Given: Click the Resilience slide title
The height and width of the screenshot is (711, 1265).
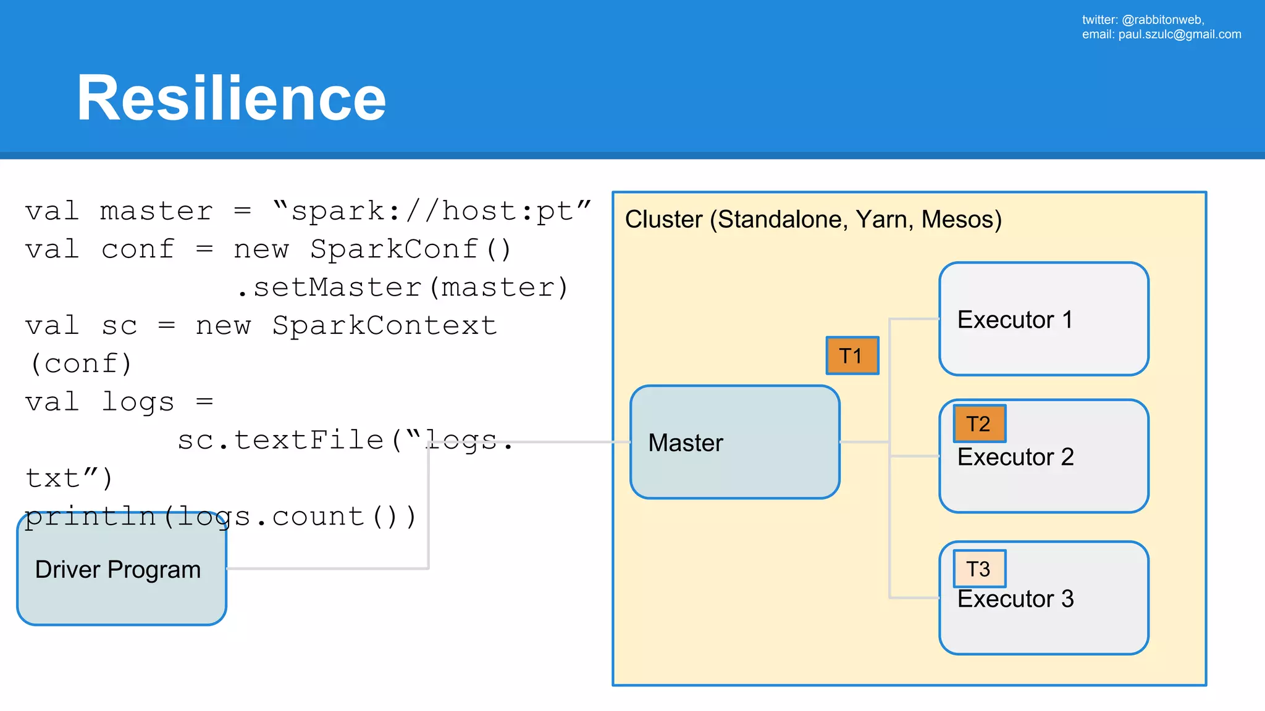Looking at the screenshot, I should coord(231,98).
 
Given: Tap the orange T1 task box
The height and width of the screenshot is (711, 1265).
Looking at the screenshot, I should coord(852,356).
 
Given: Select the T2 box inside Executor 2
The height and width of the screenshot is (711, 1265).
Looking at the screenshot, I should coord(979,424).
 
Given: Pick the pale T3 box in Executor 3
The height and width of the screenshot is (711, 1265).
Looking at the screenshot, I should coord(979,568).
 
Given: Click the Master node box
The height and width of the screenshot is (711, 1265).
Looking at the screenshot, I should coord(734,442).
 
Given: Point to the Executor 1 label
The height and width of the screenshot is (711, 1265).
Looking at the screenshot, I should coord(1014,320).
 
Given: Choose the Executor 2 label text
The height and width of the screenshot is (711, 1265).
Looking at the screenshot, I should coord(1015,457).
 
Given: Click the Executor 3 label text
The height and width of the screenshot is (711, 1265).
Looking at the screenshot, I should coord(1015,599).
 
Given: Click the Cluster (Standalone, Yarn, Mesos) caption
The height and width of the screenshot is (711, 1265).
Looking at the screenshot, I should coord(813,220).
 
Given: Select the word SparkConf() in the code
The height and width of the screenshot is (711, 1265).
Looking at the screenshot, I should coord(411,249).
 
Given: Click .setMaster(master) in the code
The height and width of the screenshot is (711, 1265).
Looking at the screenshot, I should coord(403,288).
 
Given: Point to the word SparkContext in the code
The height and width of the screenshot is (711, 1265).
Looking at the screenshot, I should coord(384,326).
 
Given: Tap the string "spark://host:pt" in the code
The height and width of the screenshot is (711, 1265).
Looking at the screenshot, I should coord(432,211).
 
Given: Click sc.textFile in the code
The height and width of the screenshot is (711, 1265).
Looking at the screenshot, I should coord(281,440).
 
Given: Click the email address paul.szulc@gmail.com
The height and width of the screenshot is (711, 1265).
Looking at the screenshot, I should coord(1179,35).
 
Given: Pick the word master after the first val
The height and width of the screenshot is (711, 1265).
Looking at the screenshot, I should coord(156,211).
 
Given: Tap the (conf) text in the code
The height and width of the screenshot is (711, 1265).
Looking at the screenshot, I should coord(81,364).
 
